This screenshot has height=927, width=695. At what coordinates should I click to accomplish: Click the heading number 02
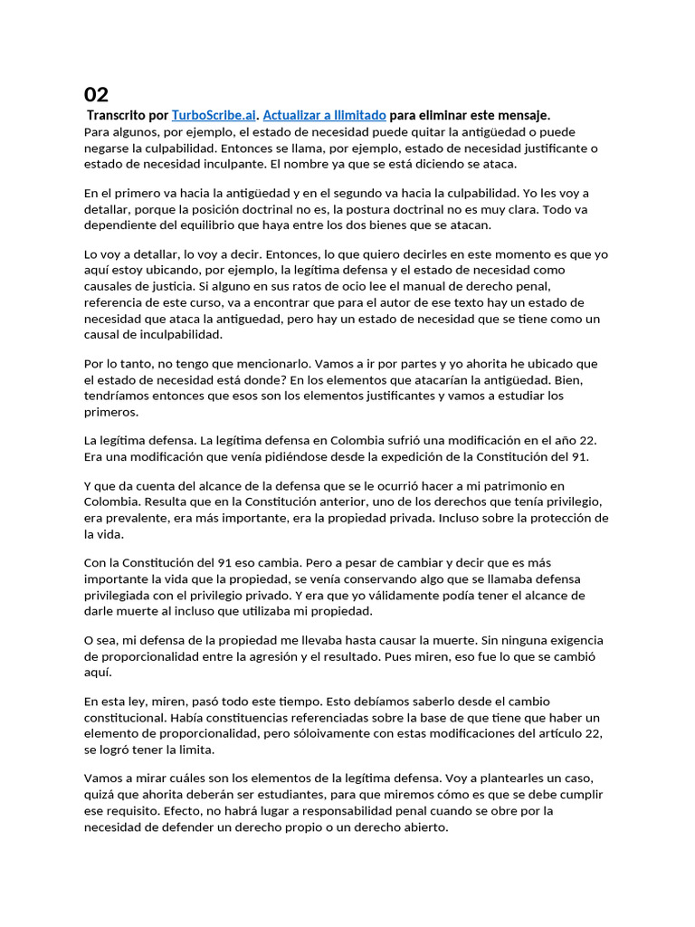[96, 94]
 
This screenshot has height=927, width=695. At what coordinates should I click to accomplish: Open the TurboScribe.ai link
[214, 115]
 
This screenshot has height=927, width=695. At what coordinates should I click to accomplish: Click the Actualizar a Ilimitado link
[324, 115]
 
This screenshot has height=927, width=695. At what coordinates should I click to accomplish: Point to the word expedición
[412, 456]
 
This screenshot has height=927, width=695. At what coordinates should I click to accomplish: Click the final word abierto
[425, 827]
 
